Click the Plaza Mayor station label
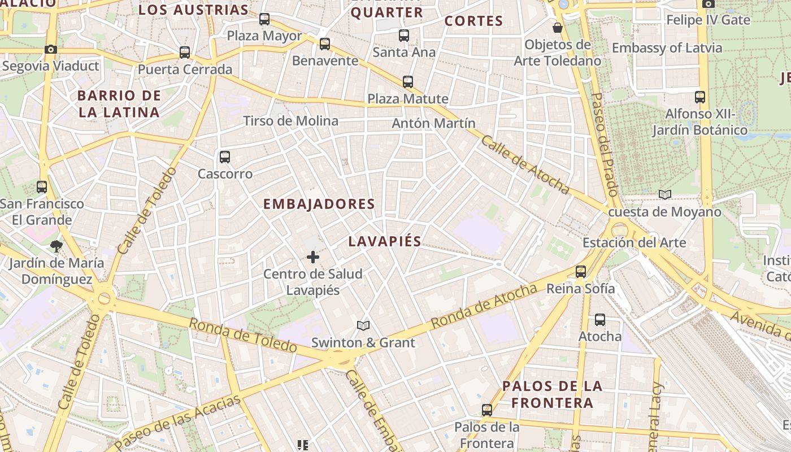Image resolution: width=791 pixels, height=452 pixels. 264,36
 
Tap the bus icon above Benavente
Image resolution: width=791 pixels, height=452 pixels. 325,44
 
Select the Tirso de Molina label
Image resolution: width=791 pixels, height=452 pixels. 291,121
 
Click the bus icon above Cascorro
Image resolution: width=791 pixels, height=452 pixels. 225,157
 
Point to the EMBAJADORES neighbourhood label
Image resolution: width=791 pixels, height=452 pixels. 319,204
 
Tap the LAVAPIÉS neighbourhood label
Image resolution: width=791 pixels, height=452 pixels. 385,242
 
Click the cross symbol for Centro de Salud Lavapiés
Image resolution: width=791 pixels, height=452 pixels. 313,258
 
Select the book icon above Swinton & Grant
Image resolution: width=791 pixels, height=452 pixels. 363,326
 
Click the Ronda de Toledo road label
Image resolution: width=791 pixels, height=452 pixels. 243,335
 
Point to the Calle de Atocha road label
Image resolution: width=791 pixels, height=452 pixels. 524,165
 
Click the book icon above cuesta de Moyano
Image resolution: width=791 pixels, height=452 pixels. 665,195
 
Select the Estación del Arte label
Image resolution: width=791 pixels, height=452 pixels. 634,243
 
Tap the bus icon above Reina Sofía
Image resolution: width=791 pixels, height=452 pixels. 581,272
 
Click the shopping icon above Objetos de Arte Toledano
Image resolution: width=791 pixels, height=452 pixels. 558,28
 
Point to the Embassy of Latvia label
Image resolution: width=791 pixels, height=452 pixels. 667,48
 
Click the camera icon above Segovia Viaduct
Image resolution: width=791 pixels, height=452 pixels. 51,50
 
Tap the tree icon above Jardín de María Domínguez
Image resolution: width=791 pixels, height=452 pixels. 56,246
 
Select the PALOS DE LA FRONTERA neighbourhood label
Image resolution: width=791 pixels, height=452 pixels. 553,394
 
